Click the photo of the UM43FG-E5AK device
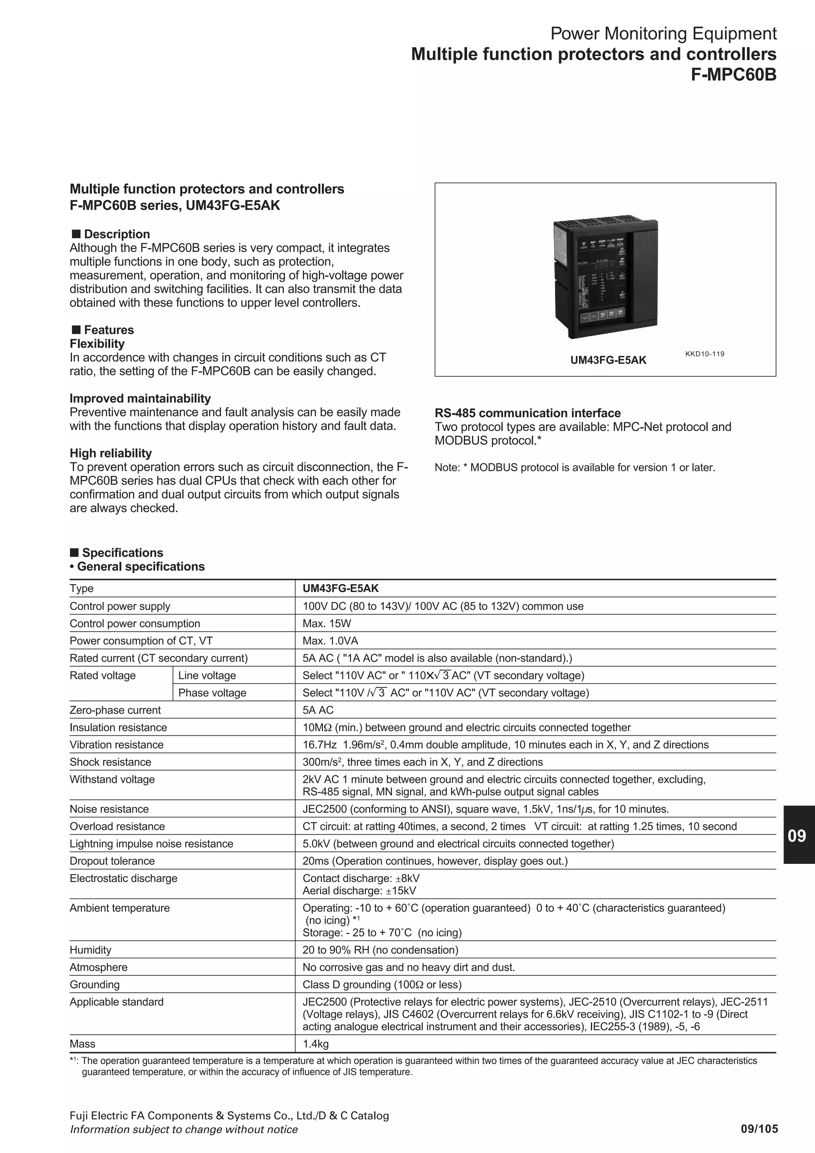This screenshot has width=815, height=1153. click(605, 279)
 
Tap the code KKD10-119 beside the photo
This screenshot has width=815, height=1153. click(704, 354)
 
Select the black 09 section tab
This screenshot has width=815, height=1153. click(798, 836)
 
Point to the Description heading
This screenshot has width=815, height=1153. click(117, 234)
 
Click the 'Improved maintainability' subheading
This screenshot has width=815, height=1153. click(140, 398)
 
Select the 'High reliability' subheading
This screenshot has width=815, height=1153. click(111, 453)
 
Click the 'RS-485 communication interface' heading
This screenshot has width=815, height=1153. click(527, 413)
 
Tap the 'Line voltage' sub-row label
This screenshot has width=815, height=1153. click(207, 676)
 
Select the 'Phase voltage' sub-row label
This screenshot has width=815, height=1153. click(212, 693)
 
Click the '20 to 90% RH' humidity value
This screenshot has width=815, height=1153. click(380, 950)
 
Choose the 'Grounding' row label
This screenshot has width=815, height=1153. click(94, 984)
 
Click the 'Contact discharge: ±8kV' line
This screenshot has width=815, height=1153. click(361, 878)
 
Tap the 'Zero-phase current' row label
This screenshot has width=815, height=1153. click(115, 710)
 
